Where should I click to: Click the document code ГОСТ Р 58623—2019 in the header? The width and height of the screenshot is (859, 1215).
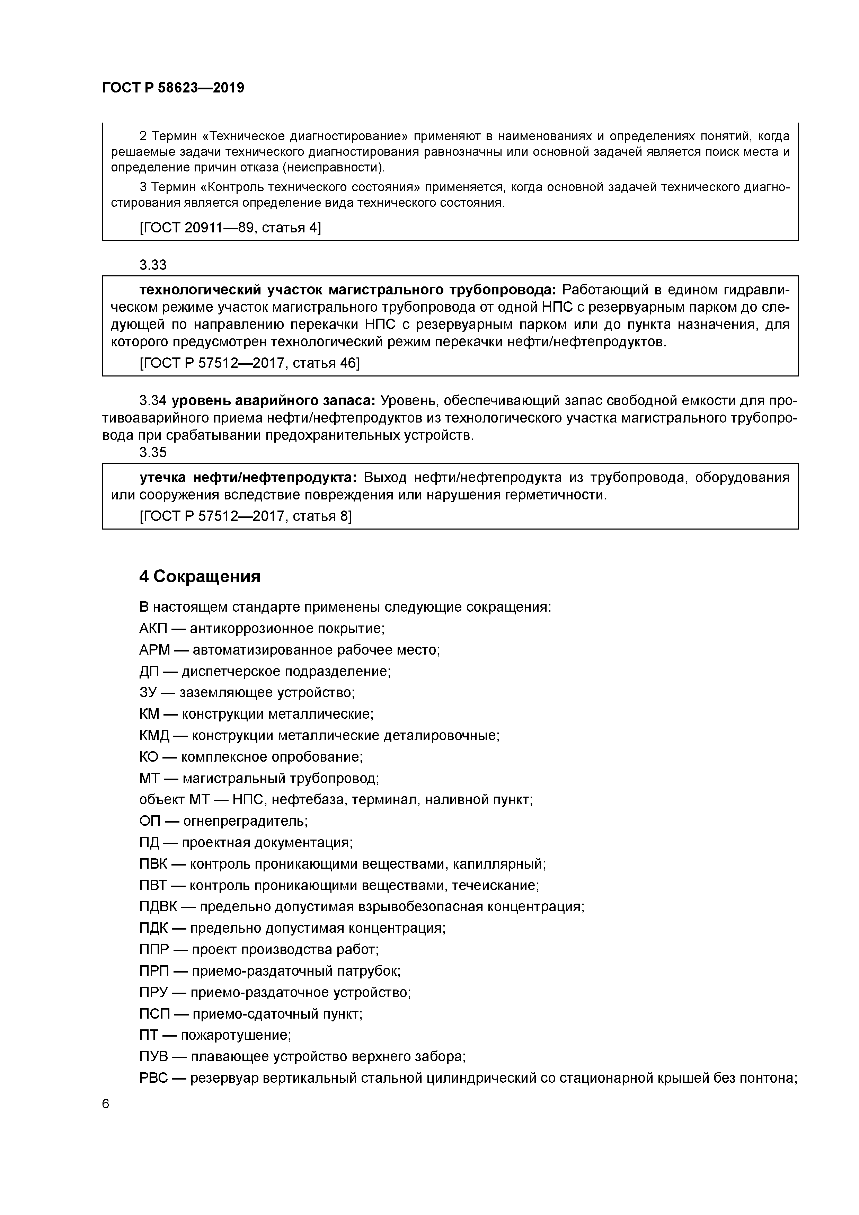pos(173,88)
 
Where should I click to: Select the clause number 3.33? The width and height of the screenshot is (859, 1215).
pos(153,265)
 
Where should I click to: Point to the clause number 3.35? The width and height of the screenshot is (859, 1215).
pos(153,452)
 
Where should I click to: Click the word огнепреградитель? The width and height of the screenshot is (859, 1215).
pos(245,821)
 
